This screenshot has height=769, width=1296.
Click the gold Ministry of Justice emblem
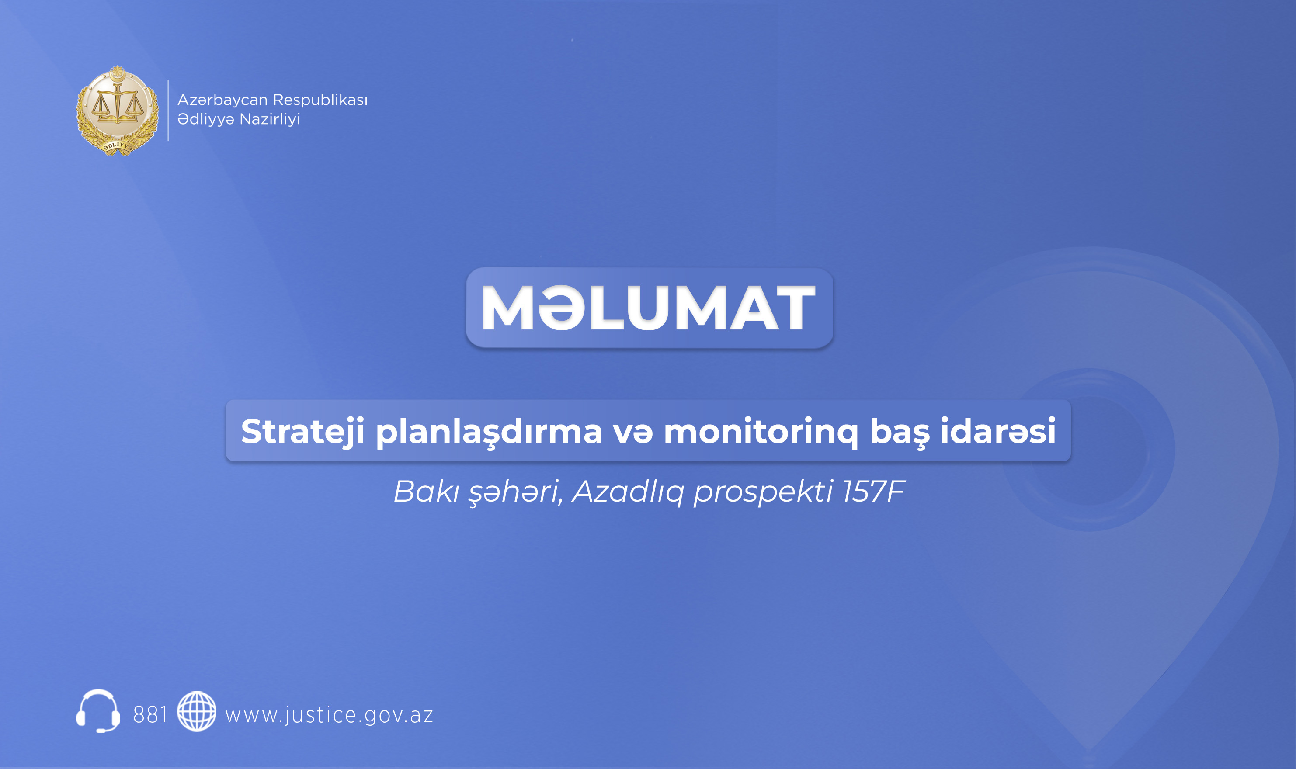pos(117,111)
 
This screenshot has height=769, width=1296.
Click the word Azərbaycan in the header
pos(222,100)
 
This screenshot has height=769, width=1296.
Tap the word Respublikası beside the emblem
pos(320,100)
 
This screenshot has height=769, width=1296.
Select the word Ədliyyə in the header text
pos(206,119)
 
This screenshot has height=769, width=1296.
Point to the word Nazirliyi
pos(270,119)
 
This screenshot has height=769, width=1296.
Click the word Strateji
pos(302,431)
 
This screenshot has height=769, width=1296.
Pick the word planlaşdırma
pos(489,431)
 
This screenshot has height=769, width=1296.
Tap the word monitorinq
pos(761,431)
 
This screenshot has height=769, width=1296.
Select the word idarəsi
pos(998,431)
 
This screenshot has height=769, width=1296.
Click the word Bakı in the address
pos(426,491)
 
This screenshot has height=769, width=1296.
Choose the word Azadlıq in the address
pos(628,491)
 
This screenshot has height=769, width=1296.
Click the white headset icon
pos(98,711)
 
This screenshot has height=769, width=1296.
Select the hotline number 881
pos(150,715)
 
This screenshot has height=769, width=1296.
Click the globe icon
pos(196,711)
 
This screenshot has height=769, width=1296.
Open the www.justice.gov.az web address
pos(329,715)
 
